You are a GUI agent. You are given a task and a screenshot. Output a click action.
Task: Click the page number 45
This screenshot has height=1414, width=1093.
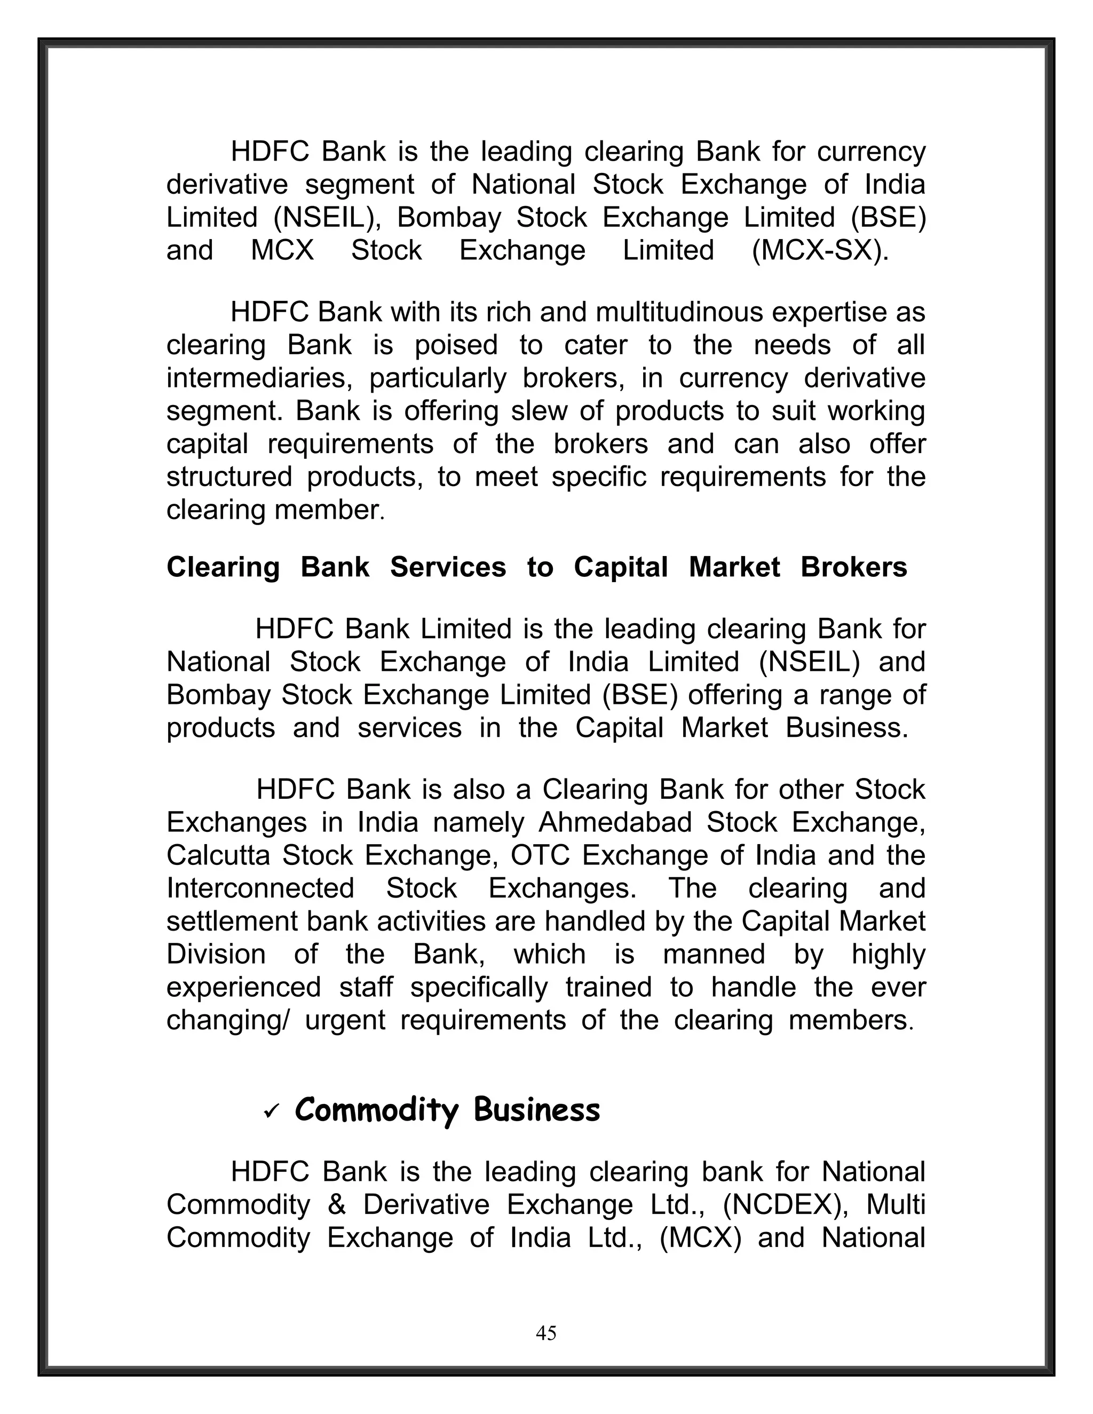[x=546, y=1333]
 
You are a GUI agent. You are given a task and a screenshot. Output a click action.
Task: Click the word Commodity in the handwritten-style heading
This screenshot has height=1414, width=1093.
[x=376, y=1110]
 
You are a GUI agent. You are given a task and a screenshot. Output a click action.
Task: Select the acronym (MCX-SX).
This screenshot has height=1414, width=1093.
[x=820, y=251]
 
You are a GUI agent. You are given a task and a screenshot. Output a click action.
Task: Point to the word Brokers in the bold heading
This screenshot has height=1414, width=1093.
[x=853, y=567]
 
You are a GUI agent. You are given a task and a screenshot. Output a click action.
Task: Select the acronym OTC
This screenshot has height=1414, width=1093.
[x=540, y=855]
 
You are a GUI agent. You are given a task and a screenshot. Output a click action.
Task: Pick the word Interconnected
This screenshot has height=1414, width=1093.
[x=260, y=888]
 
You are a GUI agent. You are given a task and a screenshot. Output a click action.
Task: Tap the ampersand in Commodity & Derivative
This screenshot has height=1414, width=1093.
[x=336, y=1205]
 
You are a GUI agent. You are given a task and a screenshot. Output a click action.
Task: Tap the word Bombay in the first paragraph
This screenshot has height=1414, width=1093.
[x=449, y=218]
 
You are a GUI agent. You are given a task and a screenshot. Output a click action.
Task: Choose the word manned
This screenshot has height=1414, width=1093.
[x=714, y=955]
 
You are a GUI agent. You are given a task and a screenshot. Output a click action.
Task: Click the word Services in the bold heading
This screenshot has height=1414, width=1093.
[x=447, y=567]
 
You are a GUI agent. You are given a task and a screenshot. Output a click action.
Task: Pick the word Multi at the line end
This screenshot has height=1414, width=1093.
[x=896, y=1205]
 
